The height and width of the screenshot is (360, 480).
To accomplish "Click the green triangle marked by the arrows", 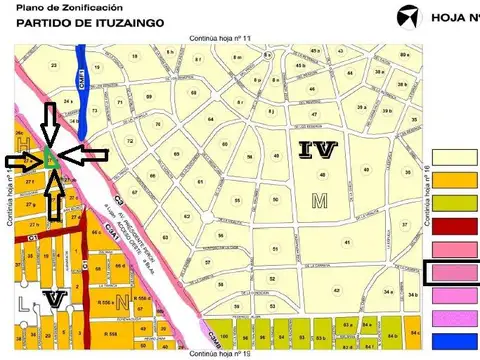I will (x=48, y=158).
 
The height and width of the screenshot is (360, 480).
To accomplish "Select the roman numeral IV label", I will (x=318, y=151).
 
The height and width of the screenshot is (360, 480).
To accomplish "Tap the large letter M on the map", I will (x=319, y=200).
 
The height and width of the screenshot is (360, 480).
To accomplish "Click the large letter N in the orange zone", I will (x=121, y=300).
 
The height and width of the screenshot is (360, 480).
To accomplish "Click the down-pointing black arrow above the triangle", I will (x=48, y=124).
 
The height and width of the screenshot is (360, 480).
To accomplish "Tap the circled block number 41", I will (x=346, y=242).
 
